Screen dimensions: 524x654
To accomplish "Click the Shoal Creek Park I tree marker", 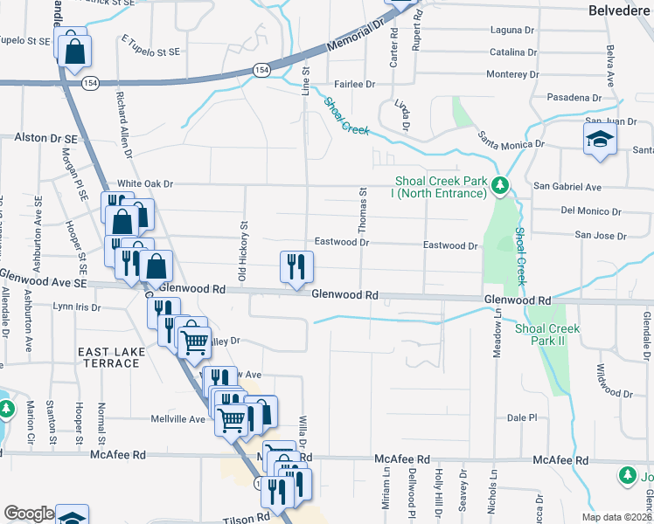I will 499,185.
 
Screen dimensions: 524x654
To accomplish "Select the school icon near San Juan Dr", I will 600,140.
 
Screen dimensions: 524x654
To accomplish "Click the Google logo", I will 29,514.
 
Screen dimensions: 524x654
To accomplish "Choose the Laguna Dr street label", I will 512,30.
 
